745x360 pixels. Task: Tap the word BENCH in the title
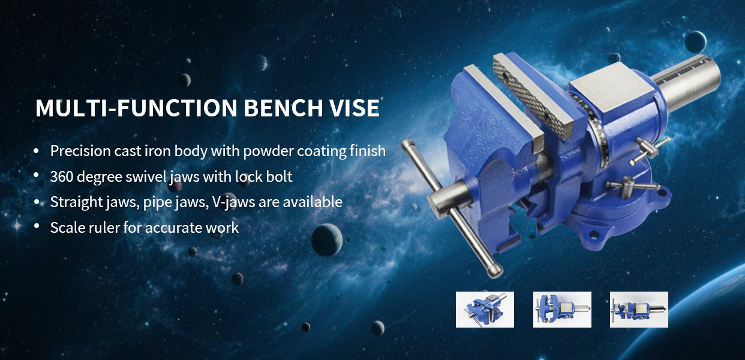[283, 108]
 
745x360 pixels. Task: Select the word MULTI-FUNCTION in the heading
[136, 108]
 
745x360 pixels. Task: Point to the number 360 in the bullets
[62, 176]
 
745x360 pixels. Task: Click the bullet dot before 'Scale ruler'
[37, 227]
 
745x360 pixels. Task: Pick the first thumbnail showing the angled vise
[485, 310]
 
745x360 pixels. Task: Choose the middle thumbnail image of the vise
[562, 310]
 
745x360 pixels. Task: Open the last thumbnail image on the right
[639, 310]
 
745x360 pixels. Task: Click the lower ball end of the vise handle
[494, 271]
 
